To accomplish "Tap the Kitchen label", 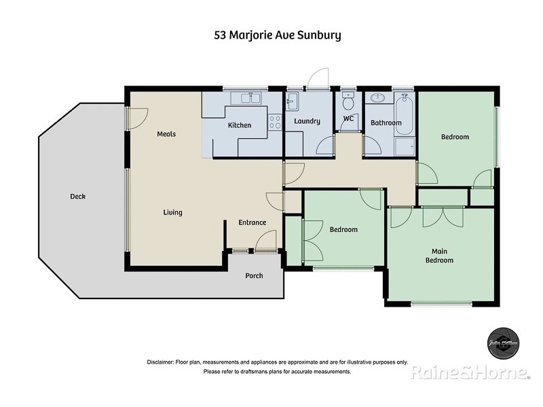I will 239,125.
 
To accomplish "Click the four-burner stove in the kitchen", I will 276,122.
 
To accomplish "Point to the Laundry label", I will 307,121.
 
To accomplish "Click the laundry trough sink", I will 292,103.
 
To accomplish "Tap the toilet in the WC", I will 348,102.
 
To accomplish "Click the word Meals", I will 166,134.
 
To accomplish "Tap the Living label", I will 172,212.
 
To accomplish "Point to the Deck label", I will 77,197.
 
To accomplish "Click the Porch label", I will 254,275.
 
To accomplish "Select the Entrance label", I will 252,222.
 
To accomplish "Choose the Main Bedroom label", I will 439,256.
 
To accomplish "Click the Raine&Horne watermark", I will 470,372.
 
